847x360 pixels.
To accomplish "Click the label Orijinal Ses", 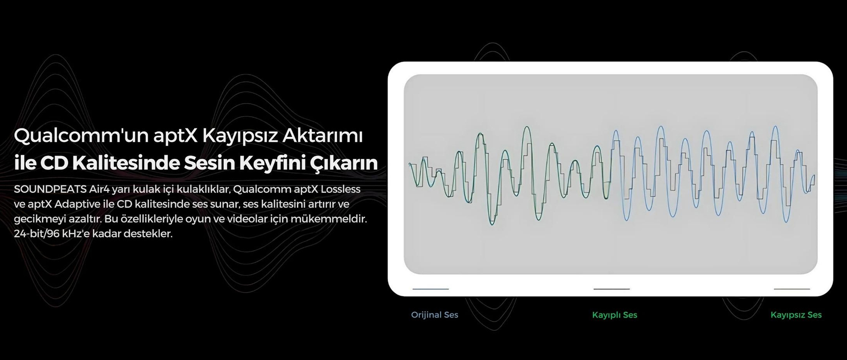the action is (435, 315).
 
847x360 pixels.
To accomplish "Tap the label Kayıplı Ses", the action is (614, 315).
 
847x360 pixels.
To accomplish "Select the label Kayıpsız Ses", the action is (796, 315).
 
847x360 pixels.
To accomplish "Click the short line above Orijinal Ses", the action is (431, 289).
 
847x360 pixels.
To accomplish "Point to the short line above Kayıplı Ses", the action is (612, 289).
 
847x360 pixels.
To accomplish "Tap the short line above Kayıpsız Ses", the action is (792, 289).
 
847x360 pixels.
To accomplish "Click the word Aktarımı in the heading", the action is (322, 136).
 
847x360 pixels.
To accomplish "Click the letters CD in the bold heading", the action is (54, 163).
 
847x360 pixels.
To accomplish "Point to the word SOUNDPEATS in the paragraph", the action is (50, 189).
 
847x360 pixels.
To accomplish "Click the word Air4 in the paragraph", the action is (99, 189).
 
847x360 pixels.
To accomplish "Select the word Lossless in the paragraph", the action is (340, 189).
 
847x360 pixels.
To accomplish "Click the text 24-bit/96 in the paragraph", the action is (36, 234).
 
